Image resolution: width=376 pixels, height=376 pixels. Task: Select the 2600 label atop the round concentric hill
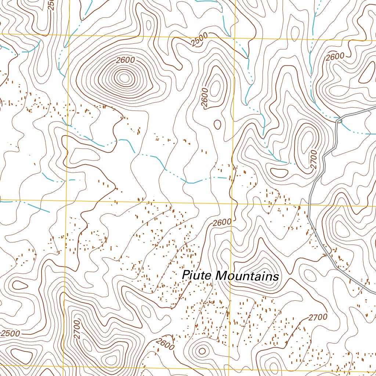pos(126,60)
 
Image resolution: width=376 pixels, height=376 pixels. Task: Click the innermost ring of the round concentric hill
pos(124,77)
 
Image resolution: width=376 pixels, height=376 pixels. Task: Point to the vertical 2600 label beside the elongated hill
pos(205,98)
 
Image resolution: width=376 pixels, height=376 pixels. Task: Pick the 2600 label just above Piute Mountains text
pos(221,223)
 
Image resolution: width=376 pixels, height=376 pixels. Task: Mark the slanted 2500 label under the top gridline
pos(199,40)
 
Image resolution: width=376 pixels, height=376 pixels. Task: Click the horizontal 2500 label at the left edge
pos(10,334)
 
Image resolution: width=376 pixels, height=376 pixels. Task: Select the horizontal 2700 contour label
pos(318,317)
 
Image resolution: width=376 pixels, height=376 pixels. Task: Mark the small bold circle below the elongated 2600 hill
pos(217,124)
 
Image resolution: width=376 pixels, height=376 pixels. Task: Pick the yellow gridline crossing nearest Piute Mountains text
pos(232,203)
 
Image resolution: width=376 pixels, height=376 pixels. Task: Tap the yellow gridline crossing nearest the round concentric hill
pos(69,35)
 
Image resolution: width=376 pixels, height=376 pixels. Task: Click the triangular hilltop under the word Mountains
pos(261,266)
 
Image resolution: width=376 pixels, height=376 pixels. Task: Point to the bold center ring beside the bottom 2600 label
pos(202,351)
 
